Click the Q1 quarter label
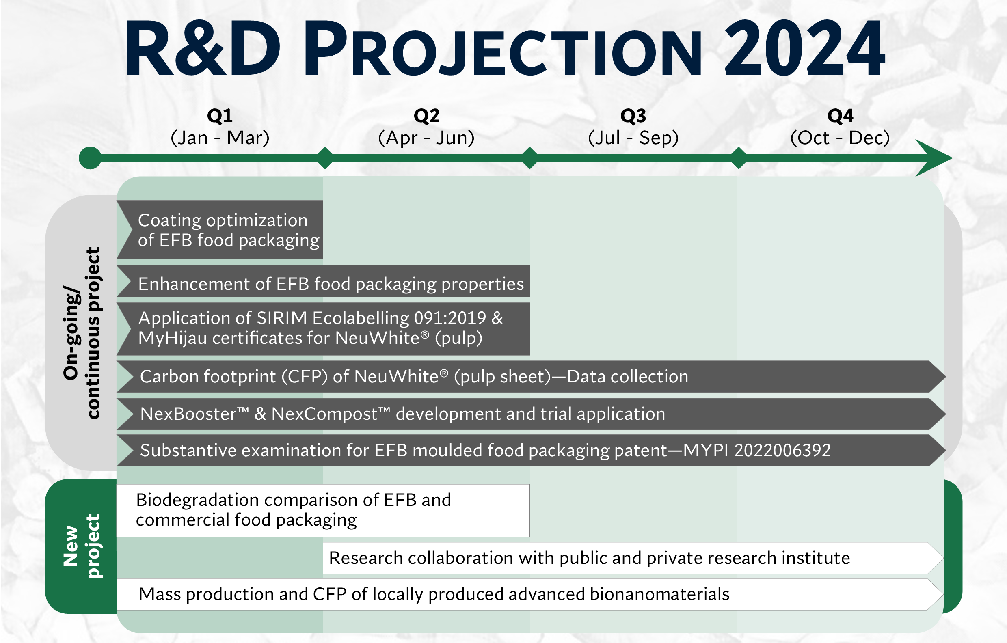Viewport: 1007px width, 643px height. point(220,116)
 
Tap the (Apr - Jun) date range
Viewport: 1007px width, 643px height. point(426,138)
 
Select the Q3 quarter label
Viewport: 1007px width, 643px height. point(633,116)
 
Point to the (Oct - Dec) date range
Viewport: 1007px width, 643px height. point(840,138)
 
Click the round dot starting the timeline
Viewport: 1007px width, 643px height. point(90,158)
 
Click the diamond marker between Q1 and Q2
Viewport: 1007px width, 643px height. point(325,158)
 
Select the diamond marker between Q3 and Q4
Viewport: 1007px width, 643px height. point(739,158)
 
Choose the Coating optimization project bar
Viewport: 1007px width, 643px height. point(220,229)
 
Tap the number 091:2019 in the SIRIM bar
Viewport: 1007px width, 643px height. point(450,318)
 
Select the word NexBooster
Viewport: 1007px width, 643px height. point(194,414)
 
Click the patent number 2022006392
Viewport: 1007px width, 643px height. point(782,451)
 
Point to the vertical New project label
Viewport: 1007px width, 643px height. point(82,546)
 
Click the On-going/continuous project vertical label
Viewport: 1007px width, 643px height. point(82,333)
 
